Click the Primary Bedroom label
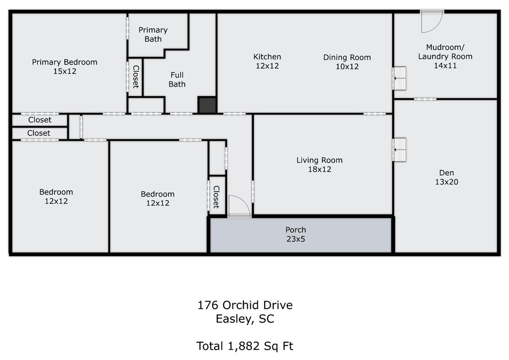[65, 67]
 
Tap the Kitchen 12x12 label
[267, 61]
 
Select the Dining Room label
[347, 62]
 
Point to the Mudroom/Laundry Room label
[445, 56]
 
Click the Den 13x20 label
[447, 177]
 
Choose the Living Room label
[319, 164]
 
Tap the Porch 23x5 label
[296, 234]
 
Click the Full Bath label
[177, 80]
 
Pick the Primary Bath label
[153, 34]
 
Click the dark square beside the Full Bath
[207, 105]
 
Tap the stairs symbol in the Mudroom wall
[399, 78]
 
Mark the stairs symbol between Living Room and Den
[399, 150]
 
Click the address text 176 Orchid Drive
[245, 305]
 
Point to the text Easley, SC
[245, 319]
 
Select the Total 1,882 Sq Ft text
[245, 346]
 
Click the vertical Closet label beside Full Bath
[136, 77]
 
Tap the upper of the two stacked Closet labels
[40, 120]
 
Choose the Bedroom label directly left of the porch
[157, 198]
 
